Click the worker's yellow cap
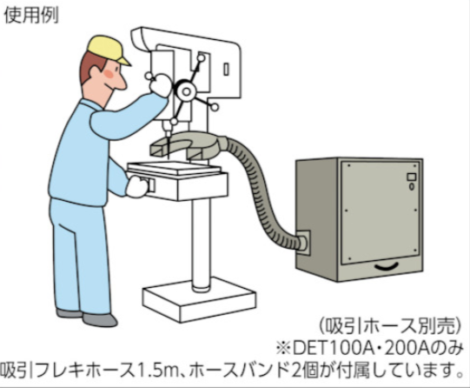point(106,49)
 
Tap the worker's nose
point(121,84)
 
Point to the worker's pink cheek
point(109,74)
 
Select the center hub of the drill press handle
point(186,91)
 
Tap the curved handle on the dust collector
point(387,266)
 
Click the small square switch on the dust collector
point(411,177)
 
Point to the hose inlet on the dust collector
point(303,242)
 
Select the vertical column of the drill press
point(202,244)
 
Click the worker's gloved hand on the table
point(137,187)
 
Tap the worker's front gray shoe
point(100,320)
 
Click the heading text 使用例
point(31,15)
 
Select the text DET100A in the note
point(332,348)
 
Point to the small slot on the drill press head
point(226,69)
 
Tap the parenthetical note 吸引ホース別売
point(389,326)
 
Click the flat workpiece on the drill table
point(175,168)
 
